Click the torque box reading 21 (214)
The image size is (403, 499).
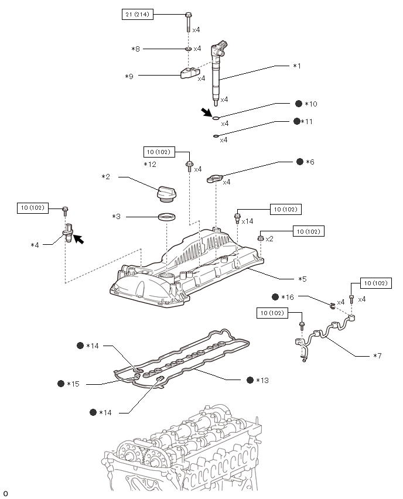pos(138,14)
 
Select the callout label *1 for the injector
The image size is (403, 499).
pos(296,66)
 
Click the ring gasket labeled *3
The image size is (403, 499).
pos(167,218)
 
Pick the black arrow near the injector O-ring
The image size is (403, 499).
pos(206,112)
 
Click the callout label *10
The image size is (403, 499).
pos(310,104)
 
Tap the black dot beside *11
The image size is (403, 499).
pos(296,121)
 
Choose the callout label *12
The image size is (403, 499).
pos(150,165)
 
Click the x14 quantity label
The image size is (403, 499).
pos(247,221)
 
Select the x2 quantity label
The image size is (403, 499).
pos(269,239)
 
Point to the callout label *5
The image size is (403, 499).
pos(302,279)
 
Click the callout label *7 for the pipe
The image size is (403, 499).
pos(377,356)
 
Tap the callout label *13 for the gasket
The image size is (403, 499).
pos(262,380)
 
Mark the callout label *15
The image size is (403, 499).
pos(73,384)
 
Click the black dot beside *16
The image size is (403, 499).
pos(275,297)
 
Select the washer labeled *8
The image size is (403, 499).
pos(188,49)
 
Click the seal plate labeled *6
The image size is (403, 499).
pos(215,179)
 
